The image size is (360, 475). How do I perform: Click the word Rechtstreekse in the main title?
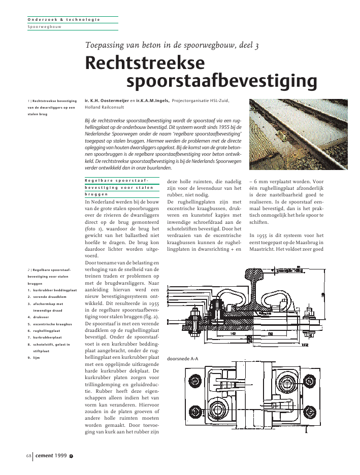(x=145, y=63)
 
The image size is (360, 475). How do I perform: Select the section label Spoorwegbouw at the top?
(x=44, y=26)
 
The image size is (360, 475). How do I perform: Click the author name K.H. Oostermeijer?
(x=110, y=100)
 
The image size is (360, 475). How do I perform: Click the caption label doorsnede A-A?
(x=182, y=359)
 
